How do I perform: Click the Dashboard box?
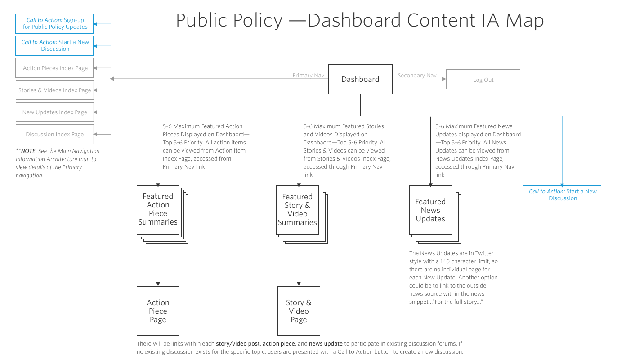360,79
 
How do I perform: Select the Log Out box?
483,80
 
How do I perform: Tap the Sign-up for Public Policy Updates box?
55,23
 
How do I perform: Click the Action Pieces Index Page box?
55,68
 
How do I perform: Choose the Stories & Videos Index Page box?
55,90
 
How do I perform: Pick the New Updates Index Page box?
55,112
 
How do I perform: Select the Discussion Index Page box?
55,134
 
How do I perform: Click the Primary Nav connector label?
308,76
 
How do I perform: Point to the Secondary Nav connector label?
417,76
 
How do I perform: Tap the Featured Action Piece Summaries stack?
158,209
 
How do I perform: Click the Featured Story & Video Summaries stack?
297,210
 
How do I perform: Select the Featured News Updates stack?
430,210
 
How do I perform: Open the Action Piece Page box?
158,311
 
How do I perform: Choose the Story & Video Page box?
299,311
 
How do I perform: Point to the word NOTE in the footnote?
28,151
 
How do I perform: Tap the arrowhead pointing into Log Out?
444,79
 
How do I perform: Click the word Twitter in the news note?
484,253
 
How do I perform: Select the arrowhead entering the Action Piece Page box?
158,284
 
